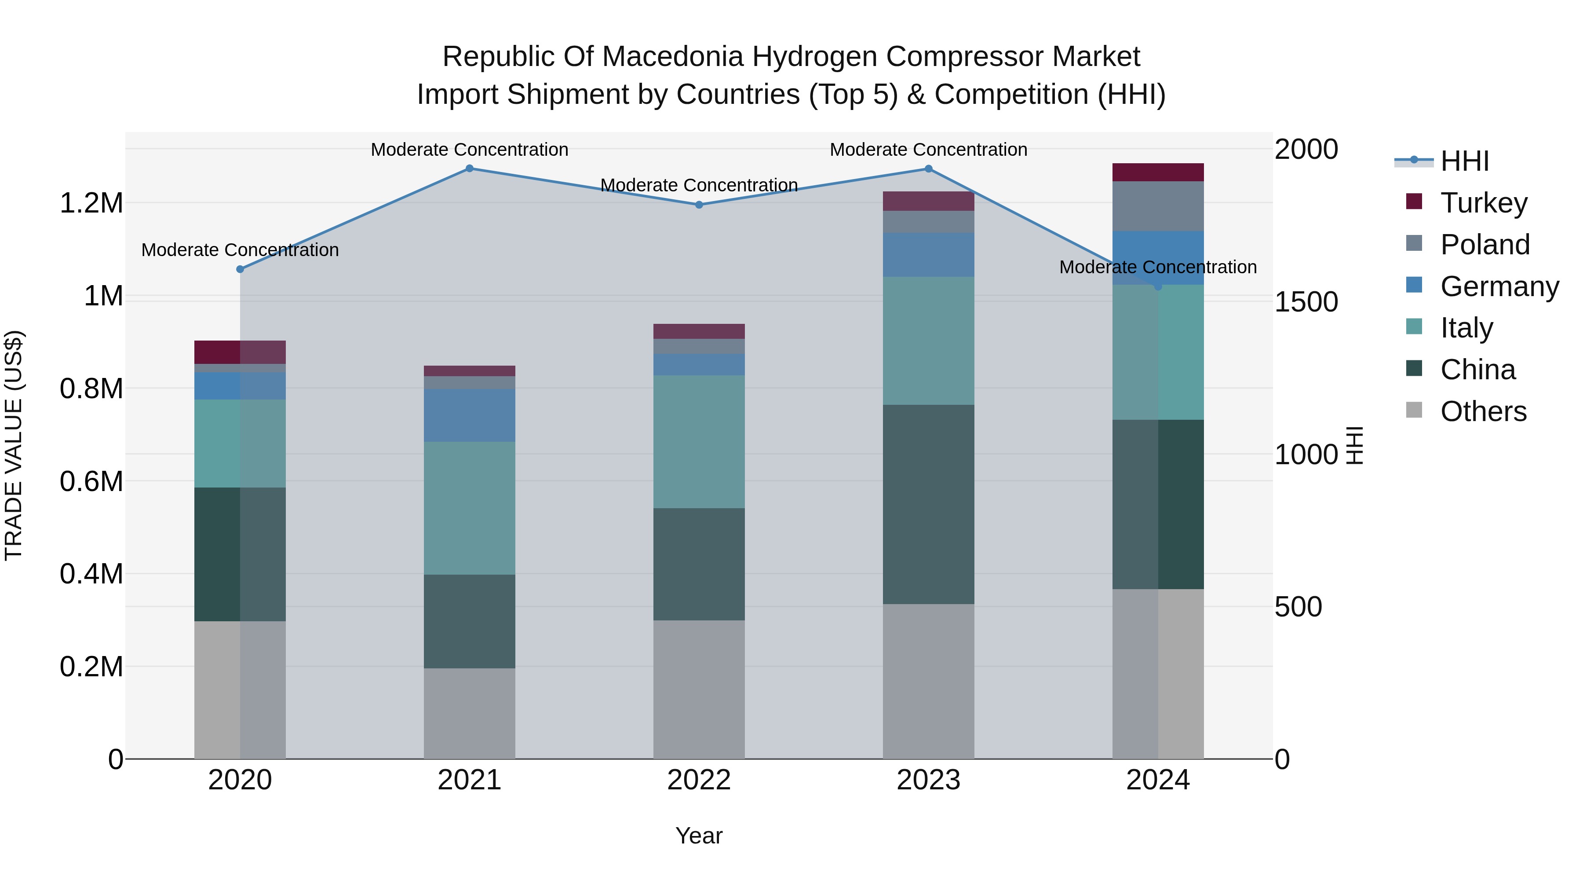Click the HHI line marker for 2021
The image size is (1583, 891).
470,168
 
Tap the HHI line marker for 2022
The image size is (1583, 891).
699,205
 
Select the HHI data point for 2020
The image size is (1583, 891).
240,269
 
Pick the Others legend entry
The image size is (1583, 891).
1483,411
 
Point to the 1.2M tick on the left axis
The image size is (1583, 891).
91,203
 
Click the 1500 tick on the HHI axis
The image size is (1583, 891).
1306,301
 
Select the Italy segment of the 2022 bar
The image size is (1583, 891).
699,441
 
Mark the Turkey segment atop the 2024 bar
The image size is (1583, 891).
1158,172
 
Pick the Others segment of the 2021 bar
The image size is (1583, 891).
470,713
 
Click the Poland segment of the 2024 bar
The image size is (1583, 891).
1158,206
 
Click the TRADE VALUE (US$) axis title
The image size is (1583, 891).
14,445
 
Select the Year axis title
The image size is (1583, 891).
699,836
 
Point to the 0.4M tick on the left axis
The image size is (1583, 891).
91,574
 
